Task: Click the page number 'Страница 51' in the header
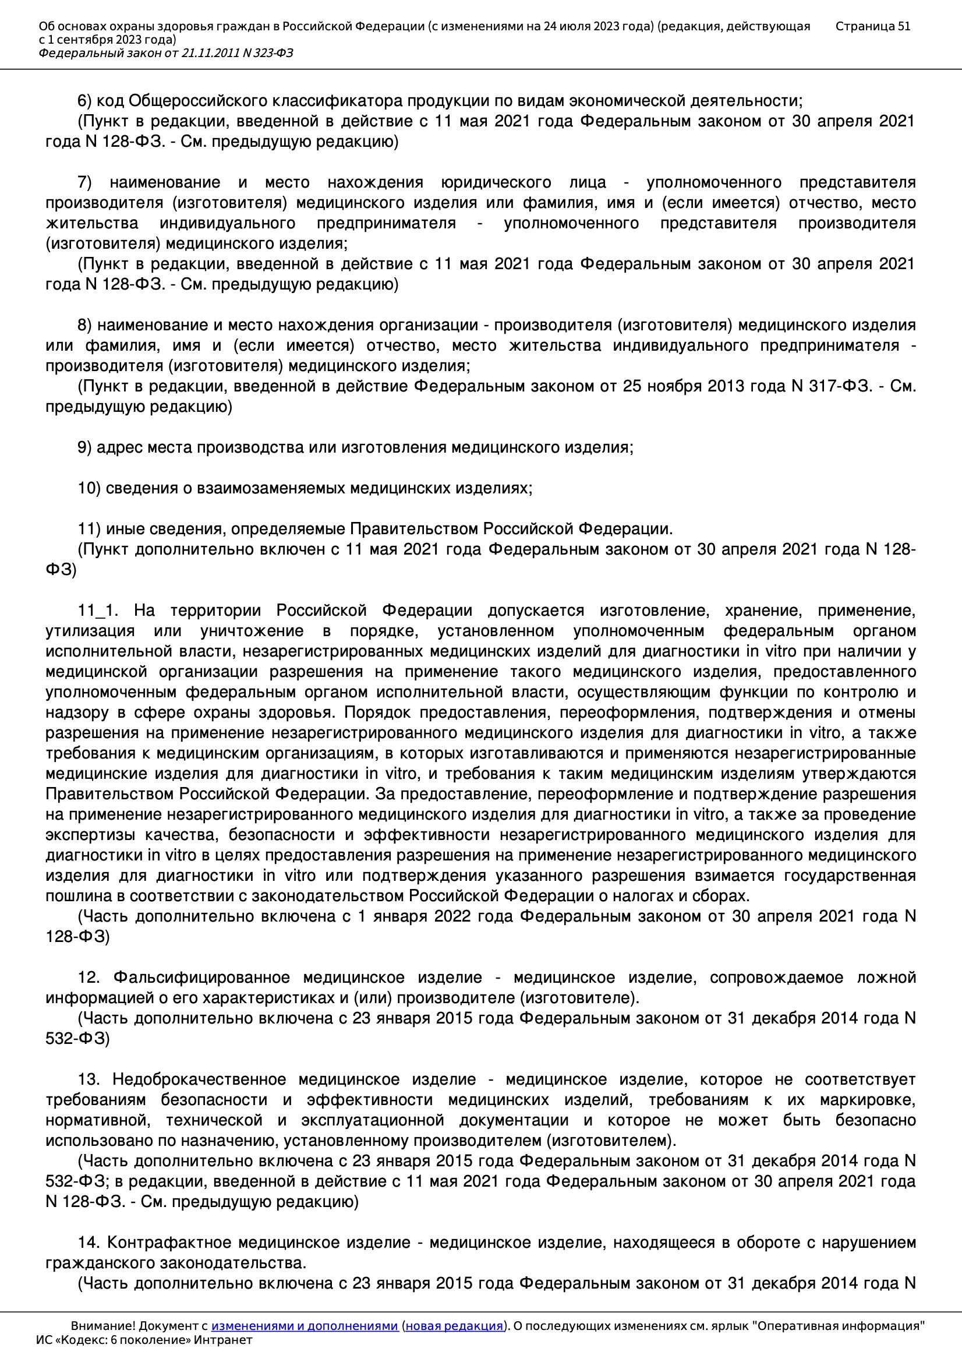(x=872, y=26)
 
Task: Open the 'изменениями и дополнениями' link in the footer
(x=304, y=1326)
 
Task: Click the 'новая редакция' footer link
(x=454, y=1326)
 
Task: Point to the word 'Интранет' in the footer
(x=223, y=1340)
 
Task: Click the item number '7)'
(x=86, y=182)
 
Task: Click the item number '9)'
(x=85, y=447)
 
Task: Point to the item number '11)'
(x=89, y=528)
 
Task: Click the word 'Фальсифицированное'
(x=201, y=978)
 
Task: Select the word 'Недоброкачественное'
(x=199, y=1079)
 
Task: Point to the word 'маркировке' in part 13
(x=868, y=1100)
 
